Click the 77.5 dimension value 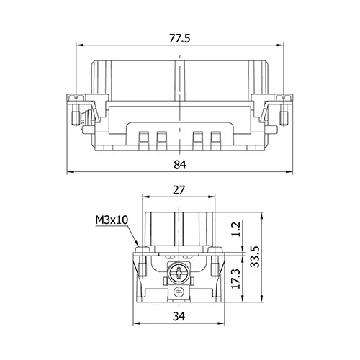pyautogui.click(x=180, y=38)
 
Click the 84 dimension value pyautogui.click(x=180, y=165)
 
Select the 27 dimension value pyautogui.click(x=179, y=190)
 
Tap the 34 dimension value pyautogui.click(x=179, y=316)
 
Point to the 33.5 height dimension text pyautogui.click(x=255, y=256)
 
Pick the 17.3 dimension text pyautogui.click(x=235, y=279)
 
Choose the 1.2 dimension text pyautogui.click(x=235, y=229)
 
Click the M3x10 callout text pyautogui.click(x=112, y=220)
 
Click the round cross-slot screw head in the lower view pyautogui.click(x=179, y=273)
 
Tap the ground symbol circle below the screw pyautogui.click(x=179, y=291)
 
